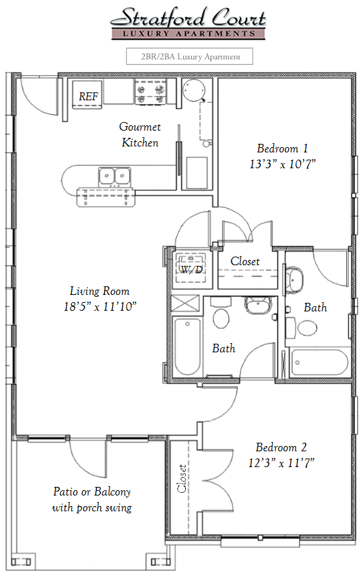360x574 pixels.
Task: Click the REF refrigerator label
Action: click(88, 96)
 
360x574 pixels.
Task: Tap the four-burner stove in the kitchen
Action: click(151, 92)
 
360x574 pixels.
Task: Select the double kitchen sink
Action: click(115, 176)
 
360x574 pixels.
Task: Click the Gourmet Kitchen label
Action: click(140, 135)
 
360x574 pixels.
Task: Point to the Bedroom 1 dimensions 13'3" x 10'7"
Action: click(282, 164)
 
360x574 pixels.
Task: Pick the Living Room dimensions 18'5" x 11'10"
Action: click(100, 306)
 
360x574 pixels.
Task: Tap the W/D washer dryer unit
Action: click(192, 269)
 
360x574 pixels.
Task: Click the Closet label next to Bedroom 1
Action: click(245, 261)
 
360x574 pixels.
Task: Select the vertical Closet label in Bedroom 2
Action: click(182, 478)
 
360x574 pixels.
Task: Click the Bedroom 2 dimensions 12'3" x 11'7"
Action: click(282, 463)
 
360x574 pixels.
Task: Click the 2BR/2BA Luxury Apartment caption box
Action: click(189, 56)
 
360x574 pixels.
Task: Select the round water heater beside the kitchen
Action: click(194, 90)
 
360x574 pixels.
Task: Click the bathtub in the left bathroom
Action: click(187, 346)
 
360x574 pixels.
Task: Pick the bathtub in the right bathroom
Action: click(319, 363)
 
